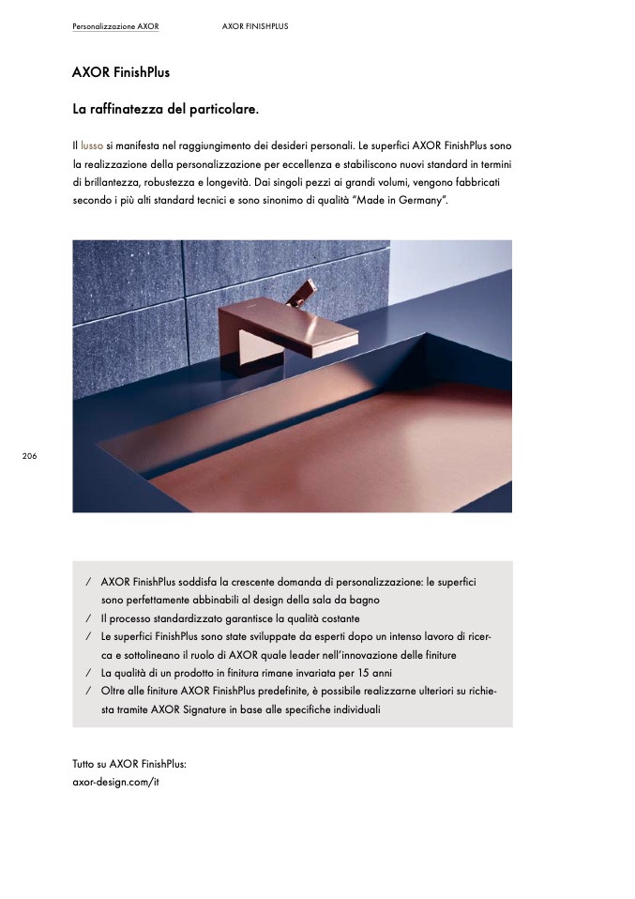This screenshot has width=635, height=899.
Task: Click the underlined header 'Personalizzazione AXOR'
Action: tap(115, 26)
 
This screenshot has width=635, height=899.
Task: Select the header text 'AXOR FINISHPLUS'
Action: tap(255, 26)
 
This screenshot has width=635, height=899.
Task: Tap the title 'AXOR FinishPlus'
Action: tap(121, 72)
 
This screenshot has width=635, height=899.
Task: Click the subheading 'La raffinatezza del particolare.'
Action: tap(165, 110)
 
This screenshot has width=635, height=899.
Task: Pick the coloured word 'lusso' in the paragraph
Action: tap(92, 146)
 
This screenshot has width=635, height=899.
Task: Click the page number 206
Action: tap(29, 455)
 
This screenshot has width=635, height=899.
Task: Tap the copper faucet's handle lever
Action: tap(304, 292)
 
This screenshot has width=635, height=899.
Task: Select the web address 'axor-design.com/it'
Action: tap(115, 782)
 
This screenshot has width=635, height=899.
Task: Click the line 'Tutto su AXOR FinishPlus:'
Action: tap(129, 764)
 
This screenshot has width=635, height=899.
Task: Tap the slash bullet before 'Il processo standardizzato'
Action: tap(87, 618)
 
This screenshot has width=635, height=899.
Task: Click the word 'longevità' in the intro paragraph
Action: tap(248, 182)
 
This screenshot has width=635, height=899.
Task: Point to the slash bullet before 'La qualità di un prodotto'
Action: tap(87, 673)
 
